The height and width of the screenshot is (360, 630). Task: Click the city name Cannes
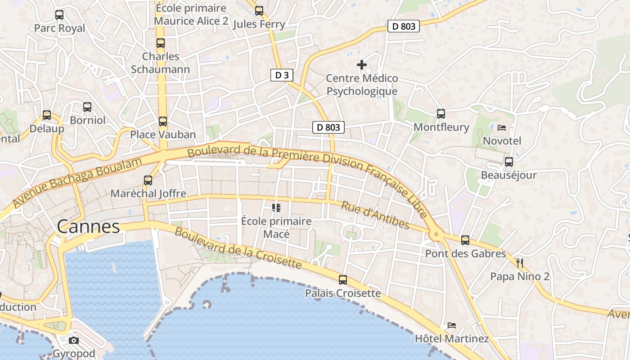point(89,226)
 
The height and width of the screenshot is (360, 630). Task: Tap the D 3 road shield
point(282,75)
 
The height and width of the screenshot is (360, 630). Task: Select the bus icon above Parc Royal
point(59,15)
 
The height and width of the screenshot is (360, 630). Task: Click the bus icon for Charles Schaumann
point(161,44)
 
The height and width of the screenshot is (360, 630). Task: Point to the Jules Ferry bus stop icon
point(259,11)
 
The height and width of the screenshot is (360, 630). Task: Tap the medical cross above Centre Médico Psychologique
point(362,65)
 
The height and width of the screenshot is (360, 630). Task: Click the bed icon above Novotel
point(502,128)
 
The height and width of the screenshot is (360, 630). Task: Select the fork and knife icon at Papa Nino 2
point(520,263)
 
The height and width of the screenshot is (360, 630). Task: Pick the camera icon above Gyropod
point(74,340)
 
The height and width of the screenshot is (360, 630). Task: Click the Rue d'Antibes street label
point(375,215)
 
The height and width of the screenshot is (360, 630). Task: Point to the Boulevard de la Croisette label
point(238,248)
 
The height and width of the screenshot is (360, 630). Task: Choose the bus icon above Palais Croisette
point(343,280)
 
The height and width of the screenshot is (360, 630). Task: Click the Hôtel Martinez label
point(451,338)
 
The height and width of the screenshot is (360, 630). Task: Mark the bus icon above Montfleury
point(441,114)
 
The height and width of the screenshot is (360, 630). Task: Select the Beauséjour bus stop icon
point(509,162)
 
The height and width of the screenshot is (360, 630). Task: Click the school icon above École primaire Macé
point(276,208)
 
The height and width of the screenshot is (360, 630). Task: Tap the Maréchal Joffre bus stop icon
point(148,180)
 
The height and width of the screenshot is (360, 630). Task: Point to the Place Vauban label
point(163,135)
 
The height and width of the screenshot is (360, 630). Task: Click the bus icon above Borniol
point(87,107)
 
